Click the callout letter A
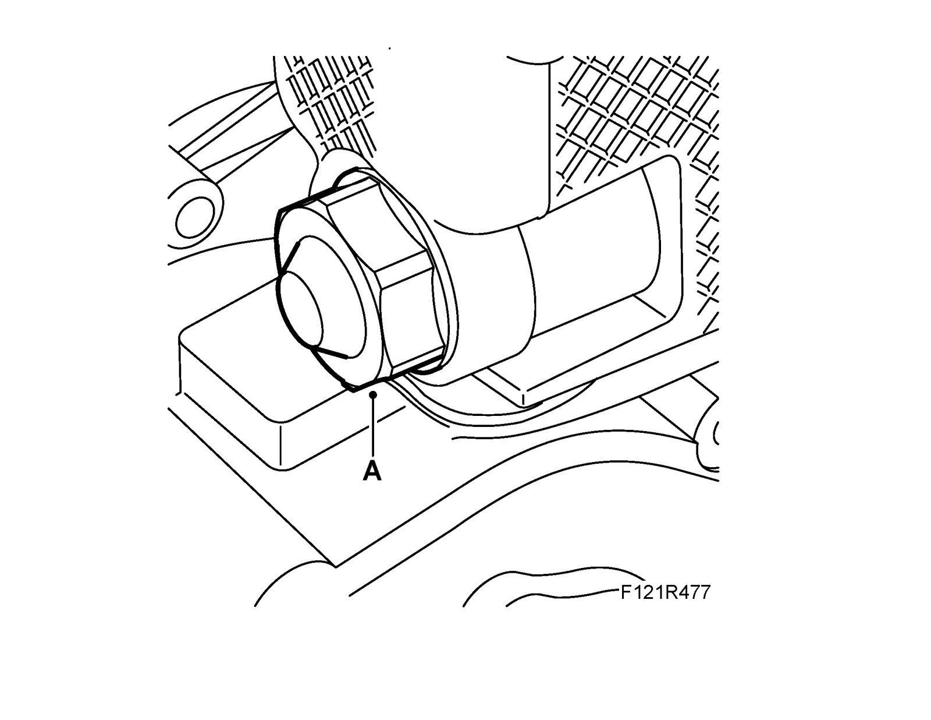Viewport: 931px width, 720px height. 372,471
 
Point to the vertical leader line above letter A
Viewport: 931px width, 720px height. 372,428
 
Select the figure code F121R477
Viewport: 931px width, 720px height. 665,593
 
